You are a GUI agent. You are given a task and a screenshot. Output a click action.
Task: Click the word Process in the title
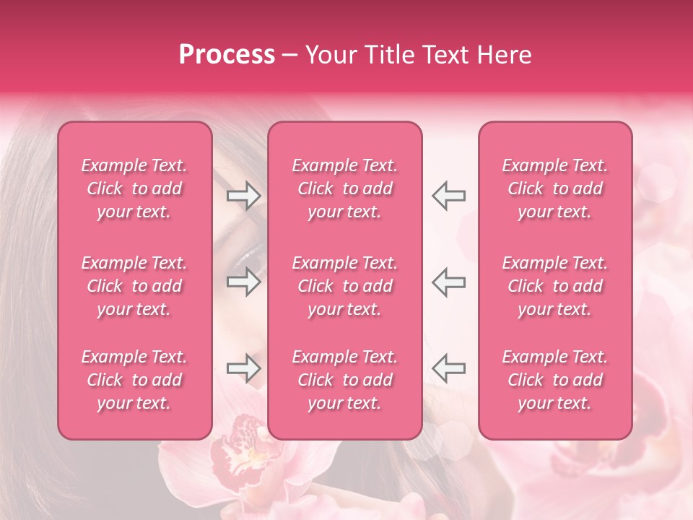(227, 55)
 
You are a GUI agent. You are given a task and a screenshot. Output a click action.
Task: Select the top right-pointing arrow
(243, 196)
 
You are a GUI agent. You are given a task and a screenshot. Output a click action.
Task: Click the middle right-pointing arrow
(243, 282)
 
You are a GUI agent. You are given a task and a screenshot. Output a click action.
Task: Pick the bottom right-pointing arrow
(243, 368)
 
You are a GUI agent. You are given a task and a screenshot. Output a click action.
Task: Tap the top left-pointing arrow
(448, 196)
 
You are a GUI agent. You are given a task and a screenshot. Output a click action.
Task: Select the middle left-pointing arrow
(448, 282)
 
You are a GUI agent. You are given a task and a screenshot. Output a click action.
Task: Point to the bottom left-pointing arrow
(448, 368)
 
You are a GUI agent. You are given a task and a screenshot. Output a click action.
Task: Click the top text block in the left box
(134, 188)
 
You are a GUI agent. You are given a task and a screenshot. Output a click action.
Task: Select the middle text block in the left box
(134, 286)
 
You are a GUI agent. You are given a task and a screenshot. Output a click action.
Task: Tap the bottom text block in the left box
(134, 380)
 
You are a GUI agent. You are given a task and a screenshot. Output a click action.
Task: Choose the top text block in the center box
(344, 188)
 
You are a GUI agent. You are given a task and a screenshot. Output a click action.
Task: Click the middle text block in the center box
(344, 286)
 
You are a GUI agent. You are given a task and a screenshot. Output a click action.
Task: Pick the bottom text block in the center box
(344, 380)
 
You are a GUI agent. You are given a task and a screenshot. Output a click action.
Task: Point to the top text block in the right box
(555, 188)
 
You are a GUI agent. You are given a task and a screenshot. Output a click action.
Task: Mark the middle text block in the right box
(555, 286)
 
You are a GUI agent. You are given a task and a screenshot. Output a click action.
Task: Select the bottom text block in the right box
(555, 380)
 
